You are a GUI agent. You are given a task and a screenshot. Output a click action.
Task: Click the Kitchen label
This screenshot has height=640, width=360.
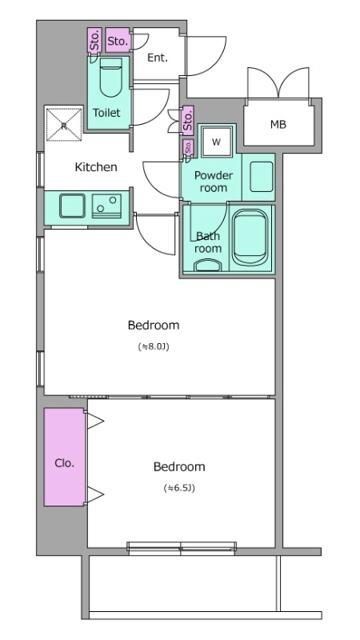click(x=96, y=167)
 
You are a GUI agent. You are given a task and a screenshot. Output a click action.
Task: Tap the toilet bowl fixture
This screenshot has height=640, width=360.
click(x=111, y=77)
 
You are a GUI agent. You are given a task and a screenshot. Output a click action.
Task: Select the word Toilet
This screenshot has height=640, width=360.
click(x=107, y=113)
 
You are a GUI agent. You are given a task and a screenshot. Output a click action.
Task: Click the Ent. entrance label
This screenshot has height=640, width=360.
click(x=157, y=58)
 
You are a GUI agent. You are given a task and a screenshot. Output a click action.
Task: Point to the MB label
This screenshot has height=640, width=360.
click(x=278, y=124)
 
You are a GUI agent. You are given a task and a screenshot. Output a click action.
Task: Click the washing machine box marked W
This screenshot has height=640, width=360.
click(x=216, y=142)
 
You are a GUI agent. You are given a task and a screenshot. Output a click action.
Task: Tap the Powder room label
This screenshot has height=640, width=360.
click(x=213, y=182)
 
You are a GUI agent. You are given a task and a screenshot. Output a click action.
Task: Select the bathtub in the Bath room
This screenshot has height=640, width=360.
click(x=251, y=238)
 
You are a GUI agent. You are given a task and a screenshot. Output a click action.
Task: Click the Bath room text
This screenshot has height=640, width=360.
click(x=208, y=242)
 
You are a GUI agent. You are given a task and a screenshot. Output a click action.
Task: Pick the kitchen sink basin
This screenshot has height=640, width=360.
click(x=72, y=206)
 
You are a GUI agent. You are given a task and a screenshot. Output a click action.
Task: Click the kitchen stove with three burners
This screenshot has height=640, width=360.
click(x=107, y=206)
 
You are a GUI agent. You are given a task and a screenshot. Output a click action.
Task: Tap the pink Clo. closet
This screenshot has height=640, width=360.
click(x=64, y=457)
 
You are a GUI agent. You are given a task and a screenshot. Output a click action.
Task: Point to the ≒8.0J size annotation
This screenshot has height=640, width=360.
click(x=153, y=347)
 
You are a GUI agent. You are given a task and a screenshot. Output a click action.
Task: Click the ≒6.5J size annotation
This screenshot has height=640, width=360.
click(x=179, y=488)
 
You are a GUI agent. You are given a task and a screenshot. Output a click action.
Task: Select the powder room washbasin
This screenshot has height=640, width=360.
click(x=261, y=177)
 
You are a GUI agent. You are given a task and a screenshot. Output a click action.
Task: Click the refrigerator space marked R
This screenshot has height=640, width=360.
click(x=64, y=125)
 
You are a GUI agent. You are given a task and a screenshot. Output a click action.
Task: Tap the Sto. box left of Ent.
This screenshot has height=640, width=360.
click(x=118, y=40)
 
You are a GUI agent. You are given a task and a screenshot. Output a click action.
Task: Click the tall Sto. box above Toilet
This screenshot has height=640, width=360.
click(x=95, y=40)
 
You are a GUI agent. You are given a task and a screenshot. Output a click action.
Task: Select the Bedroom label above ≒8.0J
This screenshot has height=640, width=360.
click(x=153, y=325)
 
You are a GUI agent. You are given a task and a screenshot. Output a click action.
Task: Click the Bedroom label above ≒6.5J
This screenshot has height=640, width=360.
click(x=179, y=467)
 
